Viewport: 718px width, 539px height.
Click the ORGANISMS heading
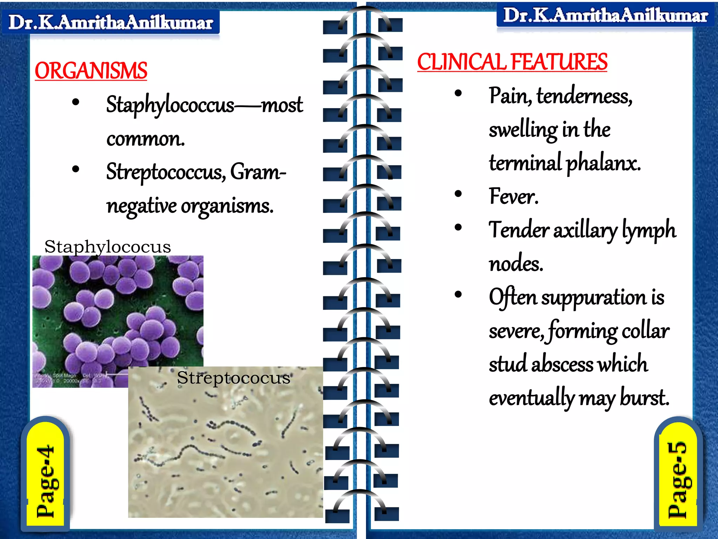pos(91,71)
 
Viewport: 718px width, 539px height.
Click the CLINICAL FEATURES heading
pos(512,62)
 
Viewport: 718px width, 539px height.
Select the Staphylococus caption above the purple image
pos(108,247)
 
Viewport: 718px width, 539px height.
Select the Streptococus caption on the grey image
pos(233,378)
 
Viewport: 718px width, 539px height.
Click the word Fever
pos(513,196)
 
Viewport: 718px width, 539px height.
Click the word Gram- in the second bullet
pos(258,172)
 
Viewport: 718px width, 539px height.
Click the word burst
pos(645,398)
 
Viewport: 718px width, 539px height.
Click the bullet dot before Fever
pos(458,194)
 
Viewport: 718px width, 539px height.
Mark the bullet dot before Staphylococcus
pos(75,102)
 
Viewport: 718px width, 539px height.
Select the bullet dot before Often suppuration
pos(458,294)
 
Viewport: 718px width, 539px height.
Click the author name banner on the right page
pos(605,16)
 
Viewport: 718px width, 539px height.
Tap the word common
pos(145,139)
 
